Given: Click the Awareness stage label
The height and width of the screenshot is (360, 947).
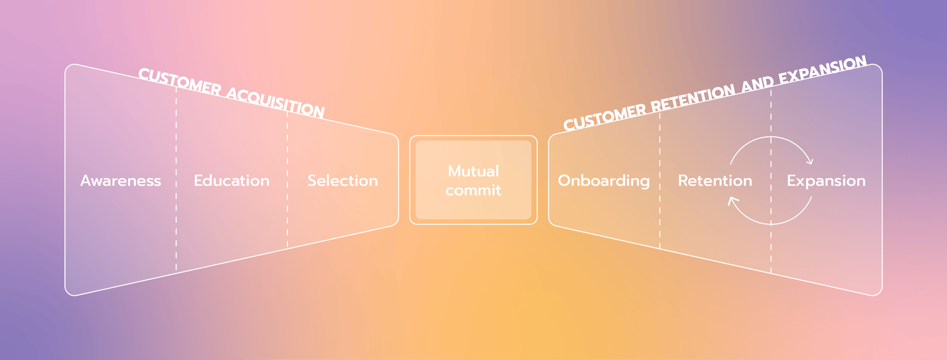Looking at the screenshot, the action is tap(121, 180).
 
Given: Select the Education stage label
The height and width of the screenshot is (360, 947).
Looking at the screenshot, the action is tap(232, 180).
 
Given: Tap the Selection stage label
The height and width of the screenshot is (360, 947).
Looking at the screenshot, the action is tap(343, 180).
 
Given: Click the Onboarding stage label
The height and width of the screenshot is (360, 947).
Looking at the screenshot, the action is tap(604, 181).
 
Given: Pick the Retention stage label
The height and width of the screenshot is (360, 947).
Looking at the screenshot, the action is tap(715, 180).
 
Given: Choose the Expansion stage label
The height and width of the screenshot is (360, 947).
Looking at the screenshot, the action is tap(826, 181).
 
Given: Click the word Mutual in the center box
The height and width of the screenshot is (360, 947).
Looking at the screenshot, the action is tap(473, 171).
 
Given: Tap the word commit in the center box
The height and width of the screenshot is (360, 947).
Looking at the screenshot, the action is tap(473, 190).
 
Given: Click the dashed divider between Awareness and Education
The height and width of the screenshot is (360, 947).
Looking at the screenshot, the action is tap(176, 179).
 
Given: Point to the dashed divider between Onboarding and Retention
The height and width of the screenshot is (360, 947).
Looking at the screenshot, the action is tap(660, 180).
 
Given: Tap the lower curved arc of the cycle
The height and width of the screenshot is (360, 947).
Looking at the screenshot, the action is tap(771, 224).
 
